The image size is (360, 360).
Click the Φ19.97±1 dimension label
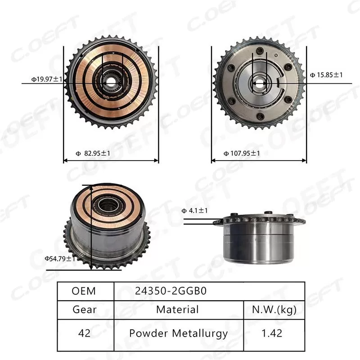tap(47, 79)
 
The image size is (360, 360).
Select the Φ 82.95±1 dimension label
tap(93, 153)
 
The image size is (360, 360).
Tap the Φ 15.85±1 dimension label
tap(326, 75)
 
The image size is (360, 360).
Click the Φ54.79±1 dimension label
tap(60, 259)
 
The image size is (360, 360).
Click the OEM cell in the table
tap(84, 291)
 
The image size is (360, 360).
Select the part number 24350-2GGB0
tap(171, 291)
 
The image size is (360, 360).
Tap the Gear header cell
tap(84, 310)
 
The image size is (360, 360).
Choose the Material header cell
tap(177, 310)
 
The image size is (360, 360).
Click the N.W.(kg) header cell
tap(274, 310)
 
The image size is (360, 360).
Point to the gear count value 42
tap(84, 333)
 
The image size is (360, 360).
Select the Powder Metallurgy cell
tap(178, 333)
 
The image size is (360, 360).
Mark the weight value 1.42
tap(274, 333)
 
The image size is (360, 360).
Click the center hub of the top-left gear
tap(111, 82)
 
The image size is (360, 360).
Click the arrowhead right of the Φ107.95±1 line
tap(305, 160)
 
